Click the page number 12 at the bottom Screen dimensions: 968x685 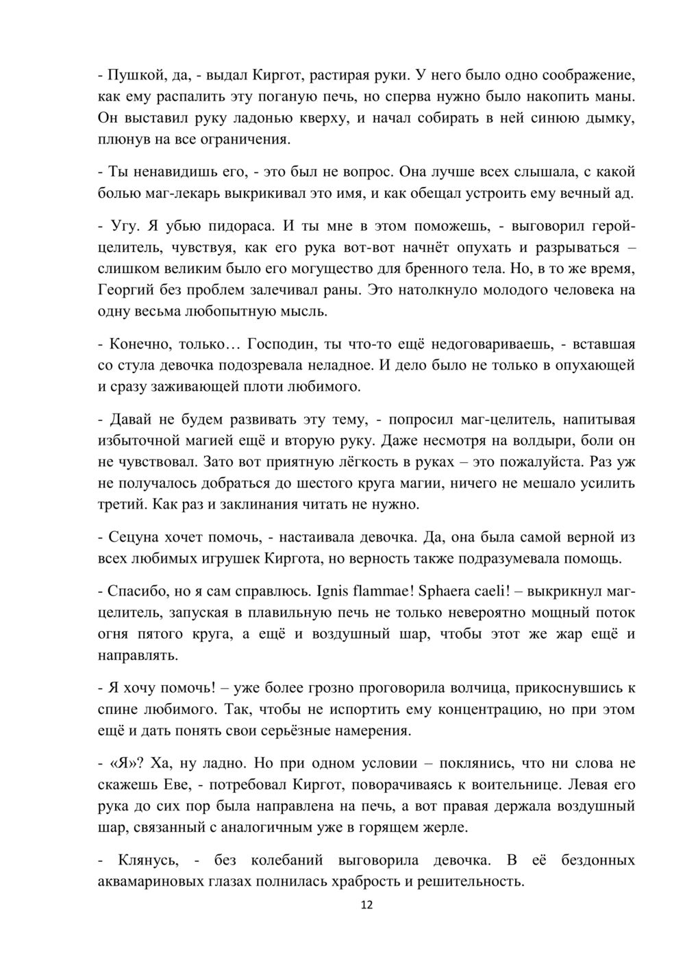tap(366, 905)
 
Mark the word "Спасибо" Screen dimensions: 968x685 tap(133, 590)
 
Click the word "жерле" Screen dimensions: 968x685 tap(449, 827)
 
